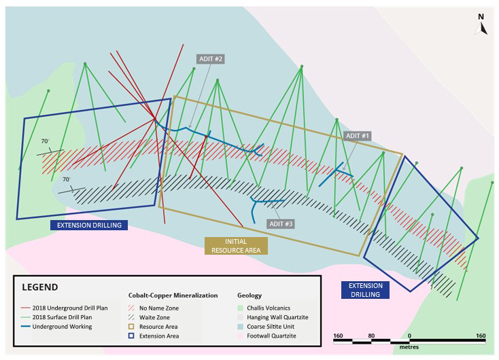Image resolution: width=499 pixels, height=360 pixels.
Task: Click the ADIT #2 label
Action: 211,59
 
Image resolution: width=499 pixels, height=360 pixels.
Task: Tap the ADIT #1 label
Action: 358,136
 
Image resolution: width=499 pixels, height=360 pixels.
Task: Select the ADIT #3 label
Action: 281,224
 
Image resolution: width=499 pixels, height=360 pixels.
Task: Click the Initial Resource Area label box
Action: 236,246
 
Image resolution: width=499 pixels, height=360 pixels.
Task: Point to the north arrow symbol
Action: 481,24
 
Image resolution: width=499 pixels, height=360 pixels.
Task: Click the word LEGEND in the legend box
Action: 40,287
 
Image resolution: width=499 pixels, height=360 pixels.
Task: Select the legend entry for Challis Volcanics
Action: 264,308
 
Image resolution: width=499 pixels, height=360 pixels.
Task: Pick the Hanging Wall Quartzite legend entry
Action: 273,317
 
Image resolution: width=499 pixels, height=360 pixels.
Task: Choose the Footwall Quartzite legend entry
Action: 266,336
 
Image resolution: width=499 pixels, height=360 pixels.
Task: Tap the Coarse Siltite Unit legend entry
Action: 266,327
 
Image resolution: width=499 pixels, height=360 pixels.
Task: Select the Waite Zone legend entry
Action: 149,317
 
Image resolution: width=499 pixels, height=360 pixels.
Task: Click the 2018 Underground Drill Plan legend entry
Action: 65,308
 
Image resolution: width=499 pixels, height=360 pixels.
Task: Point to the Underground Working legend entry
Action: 56,327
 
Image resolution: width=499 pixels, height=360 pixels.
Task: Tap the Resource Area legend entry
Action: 153,327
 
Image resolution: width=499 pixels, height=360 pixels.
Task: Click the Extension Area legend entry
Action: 154,336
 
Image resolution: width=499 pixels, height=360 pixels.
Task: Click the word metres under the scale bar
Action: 409,347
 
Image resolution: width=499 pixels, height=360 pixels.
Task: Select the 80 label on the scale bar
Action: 371,336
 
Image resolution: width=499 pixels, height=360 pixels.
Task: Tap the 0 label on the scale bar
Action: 409,336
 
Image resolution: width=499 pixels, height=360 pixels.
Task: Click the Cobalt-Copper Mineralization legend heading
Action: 173,295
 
